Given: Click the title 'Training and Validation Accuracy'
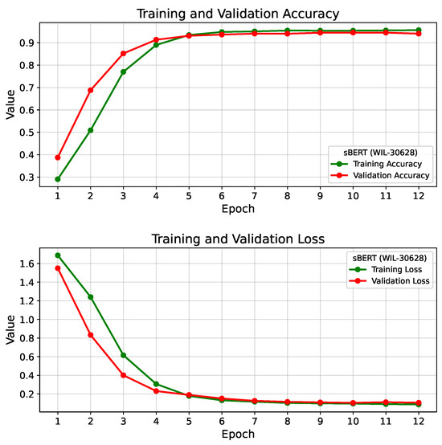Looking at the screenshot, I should tap(239, 13).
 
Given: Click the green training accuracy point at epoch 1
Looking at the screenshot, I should tap(57, 179).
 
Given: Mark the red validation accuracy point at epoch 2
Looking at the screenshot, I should tap(90, 90).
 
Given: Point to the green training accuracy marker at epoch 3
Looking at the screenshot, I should tap(123, 71).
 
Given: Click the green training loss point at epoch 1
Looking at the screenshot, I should tap(57, 255).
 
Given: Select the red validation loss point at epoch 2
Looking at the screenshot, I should tap(90, 335).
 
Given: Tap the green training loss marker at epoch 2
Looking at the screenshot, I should tap(90, 297).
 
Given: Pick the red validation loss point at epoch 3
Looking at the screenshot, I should tap(123, 375).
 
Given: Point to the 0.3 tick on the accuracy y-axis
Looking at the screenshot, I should tap(31, 178).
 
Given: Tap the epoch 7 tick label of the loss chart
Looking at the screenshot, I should tap(255, 421).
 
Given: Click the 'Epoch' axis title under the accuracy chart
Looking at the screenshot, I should tap(239, 209).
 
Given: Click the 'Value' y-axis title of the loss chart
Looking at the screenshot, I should tap(10, 329).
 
